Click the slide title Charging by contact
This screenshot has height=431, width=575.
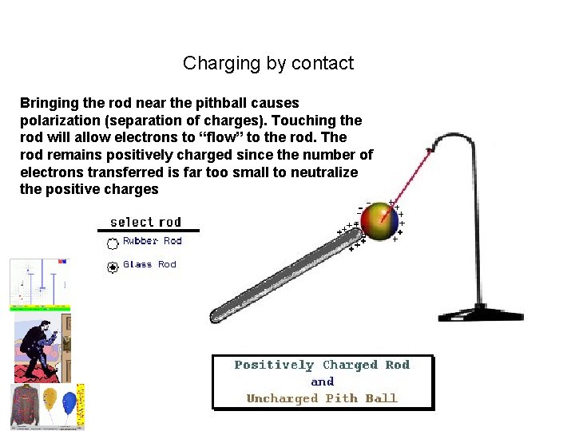[x=268, y=63]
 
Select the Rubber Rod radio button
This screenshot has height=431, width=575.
[x=113, y=243]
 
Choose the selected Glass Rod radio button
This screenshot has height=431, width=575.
[x=113, y=267]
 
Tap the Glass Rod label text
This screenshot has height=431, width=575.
[x=149, y=265]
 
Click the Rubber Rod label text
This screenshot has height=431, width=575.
[x=152, y=241]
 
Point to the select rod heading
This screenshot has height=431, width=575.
[x=145, y=222]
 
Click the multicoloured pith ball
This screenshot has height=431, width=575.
[x=379, y=221]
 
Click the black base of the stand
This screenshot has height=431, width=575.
[x=480, y=314]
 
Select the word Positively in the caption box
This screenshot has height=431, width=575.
[x=274, y=366]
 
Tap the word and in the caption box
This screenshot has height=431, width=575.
[x=322, y=382]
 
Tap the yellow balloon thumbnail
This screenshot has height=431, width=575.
[x=50, y=398]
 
